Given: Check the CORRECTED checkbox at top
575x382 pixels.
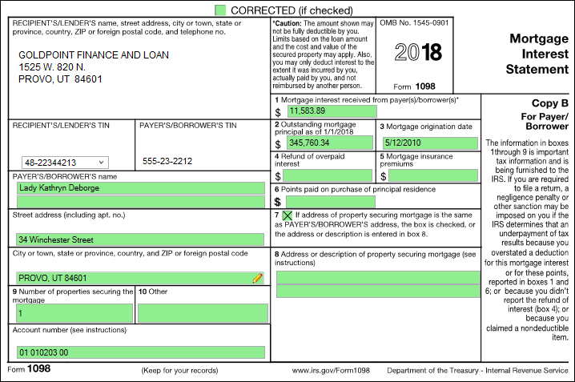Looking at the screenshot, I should pos(220,10).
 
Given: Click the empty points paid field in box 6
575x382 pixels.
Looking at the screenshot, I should pos(319,202).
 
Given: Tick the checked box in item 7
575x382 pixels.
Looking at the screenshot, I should pos(287,216).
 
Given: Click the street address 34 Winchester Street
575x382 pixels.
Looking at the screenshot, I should pos(55,239).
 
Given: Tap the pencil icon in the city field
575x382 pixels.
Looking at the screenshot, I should pos(257,278).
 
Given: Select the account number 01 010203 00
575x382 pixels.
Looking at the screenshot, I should pos(44,352).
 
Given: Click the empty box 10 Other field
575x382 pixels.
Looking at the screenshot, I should pos(202,313).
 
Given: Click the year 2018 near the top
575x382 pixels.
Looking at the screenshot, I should pos(417,54).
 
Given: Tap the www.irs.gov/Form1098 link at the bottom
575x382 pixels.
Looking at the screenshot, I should pos(331,371).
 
